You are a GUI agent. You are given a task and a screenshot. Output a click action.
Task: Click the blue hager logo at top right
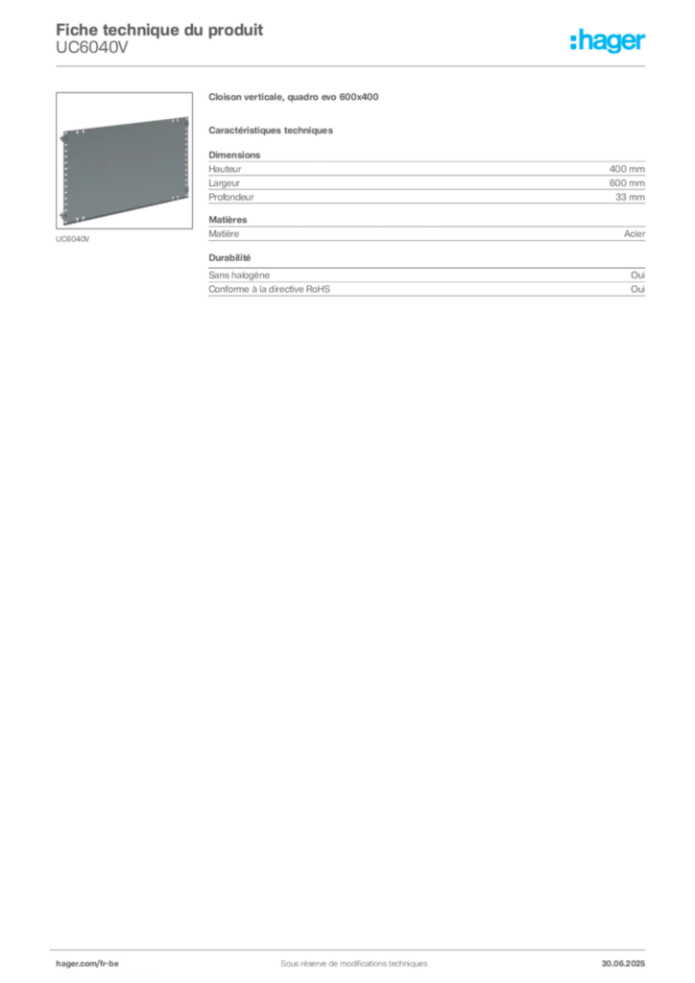point(610,42)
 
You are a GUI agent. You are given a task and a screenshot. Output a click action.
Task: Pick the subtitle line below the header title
point(91,53)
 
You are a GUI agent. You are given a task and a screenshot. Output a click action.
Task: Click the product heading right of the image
point(296,95)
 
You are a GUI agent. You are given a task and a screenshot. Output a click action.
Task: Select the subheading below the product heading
point(273,129)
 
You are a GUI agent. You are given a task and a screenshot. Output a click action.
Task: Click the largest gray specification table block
point(426,178)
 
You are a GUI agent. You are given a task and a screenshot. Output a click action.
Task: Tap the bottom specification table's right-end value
point(640,284)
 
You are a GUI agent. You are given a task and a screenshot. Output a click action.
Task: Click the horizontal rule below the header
point(353,65)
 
